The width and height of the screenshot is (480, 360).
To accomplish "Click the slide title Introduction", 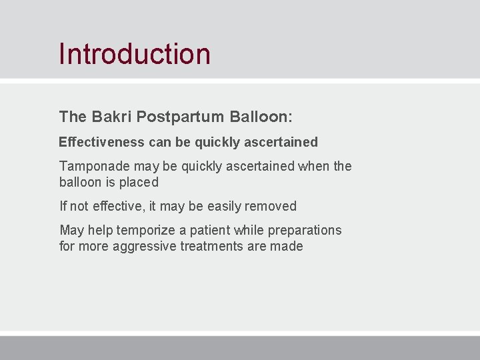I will click(134, 54).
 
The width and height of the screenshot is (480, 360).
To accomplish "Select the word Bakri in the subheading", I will click(111, 117).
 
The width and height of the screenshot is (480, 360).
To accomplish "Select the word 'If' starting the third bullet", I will click(63, 206).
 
